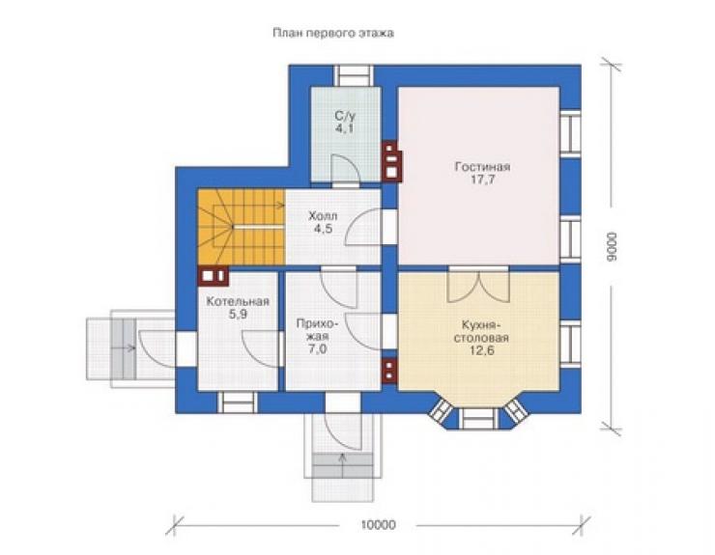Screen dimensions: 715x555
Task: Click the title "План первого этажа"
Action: [333, 33]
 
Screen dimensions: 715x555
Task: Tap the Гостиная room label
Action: [482, 166]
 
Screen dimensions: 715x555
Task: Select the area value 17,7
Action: [483, 180]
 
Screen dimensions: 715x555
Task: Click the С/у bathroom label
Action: [345, 116]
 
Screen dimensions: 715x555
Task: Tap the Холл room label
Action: [323, 215]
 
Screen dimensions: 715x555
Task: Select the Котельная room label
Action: [238, 302]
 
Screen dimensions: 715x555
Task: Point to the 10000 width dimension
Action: [378, 525]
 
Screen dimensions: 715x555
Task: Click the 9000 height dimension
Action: [612, 246]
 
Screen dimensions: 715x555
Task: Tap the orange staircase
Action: [242, 227]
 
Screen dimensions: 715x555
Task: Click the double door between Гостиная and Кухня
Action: [478, 285]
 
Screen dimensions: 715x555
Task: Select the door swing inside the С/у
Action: [345, 169]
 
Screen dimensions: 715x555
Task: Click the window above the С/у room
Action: [354, 75]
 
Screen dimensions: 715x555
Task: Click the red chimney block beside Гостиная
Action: [391, 161]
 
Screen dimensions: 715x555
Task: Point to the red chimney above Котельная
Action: [213, 276]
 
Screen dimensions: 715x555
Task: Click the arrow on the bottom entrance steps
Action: [342, 459]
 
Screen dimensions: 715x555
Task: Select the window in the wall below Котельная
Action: [237, 402]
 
